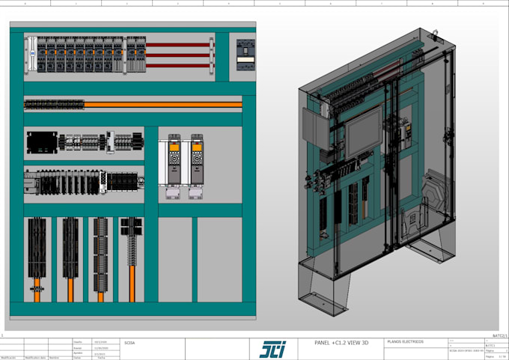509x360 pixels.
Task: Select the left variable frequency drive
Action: coord(174,159)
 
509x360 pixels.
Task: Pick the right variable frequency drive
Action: coord(197,159)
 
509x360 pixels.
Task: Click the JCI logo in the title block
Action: coord(272,349)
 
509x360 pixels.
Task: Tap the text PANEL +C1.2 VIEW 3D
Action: coord(343,343)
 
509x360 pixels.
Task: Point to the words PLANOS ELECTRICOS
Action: coord(405,342)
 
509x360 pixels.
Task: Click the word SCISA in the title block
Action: coord(129,342)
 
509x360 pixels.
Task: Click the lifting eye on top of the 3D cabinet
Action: coord(433,32)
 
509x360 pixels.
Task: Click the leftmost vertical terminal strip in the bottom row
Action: coord(37,249)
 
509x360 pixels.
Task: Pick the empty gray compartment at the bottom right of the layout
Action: coord(219,259)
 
